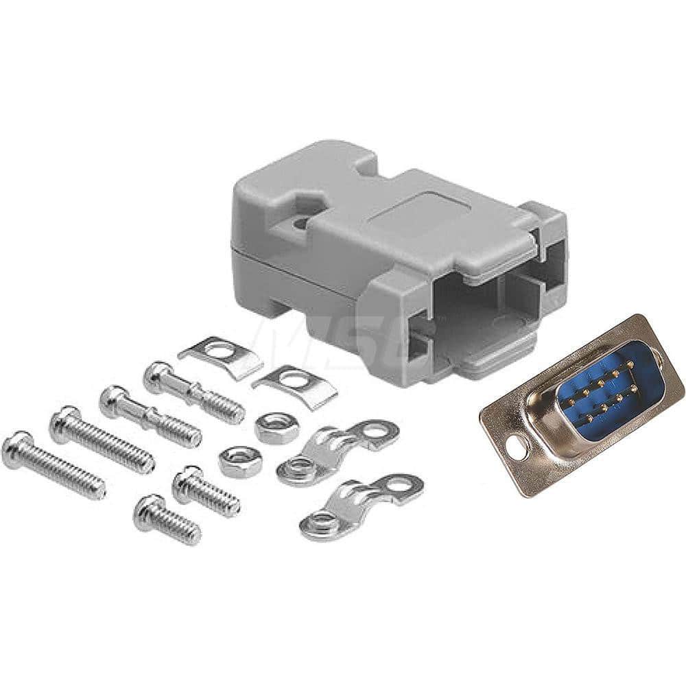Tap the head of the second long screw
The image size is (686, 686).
[x=64, y=423]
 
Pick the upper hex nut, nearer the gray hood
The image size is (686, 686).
[x=276, y=427]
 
